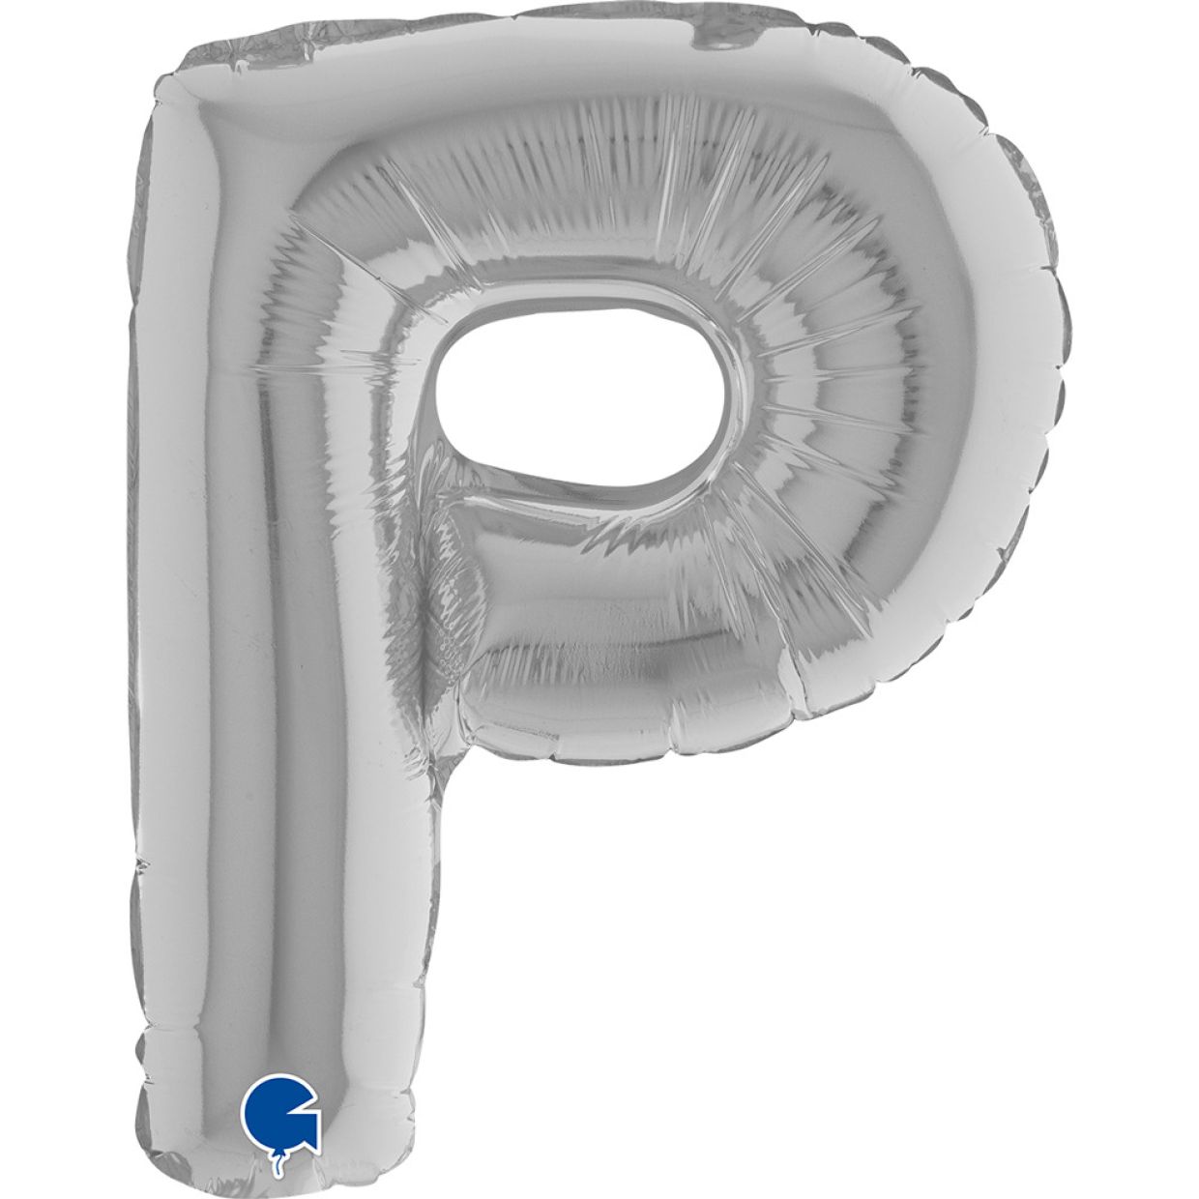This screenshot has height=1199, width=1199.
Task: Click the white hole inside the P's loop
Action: click(580, 401)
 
